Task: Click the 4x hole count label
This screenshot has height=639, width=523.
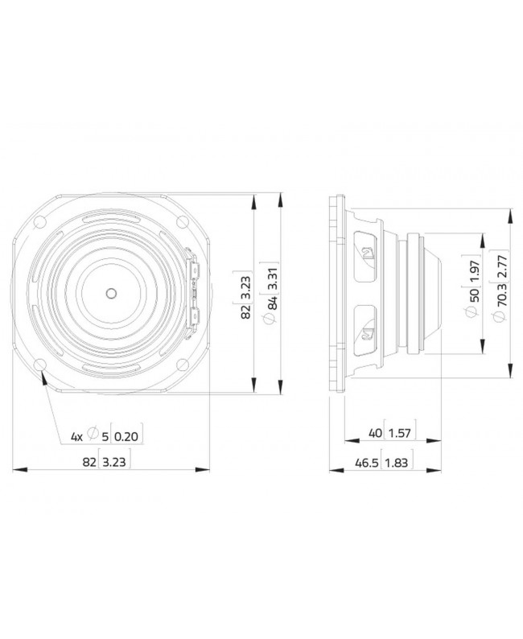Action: point(77,437)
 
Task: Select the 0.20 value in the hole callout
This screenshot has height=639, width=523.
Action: point(120,437)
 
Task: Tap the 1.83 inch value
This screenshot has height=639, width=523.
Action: point(395,464)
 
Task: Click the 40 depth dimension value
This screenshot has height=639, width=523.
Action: point(375,434)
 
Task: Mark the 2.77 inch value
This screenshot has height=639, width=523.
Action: point(503,267)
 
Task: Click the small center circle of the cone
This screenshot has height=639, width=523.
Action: point(110,291)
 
